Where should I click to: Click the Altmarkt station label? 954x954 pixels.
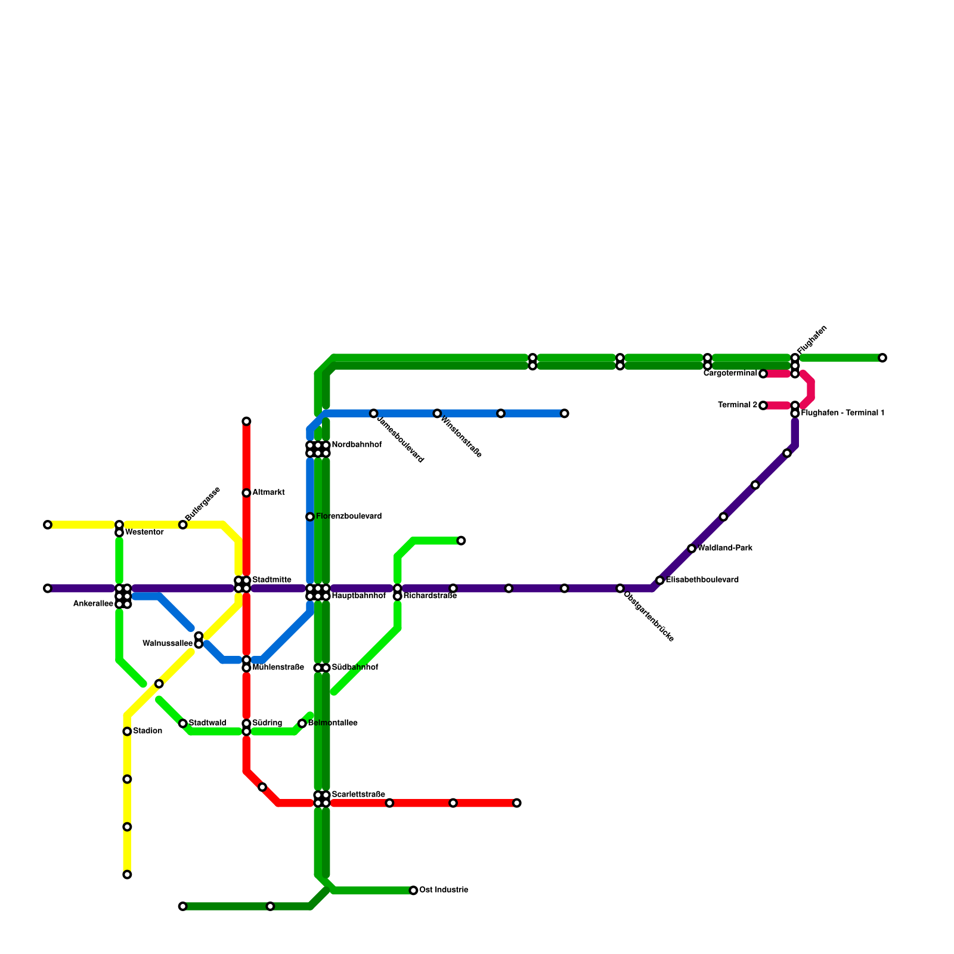268,493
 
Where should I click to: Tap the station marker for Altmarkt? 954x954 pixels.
246,493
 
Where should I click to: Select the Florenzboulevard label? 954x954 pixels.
349,516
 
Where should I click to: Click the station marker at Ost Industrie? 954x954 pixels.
413,890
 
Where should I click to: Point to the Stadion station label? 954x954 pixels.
147,731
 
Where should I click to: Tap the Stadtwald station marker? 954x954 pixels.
183,723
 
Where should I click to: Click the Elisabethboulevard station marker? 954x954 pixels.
659,580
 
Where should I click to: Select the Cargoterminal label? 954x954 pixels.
730,373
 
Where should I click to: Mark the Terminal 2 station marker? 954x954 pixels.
763,405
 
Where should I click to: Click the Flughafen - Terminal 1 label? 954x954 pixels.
843,413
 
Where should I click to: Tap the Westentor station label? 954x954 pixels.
144,532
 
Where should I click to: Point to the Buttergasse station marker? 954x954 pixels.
183,525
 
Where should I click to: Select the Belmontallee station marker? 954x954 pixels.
302,723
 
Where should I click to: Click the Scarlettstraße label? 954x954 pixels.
358,794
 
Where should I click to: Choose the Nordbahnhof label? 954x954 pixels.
357,445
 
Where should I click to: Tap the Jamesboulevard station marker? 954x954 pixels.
373,413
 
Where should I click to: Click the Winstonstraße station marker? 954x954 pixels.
437,413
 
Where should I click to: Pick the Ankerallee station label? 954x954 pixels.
93,604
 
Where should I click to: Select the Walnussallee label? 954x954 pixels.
168,643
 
